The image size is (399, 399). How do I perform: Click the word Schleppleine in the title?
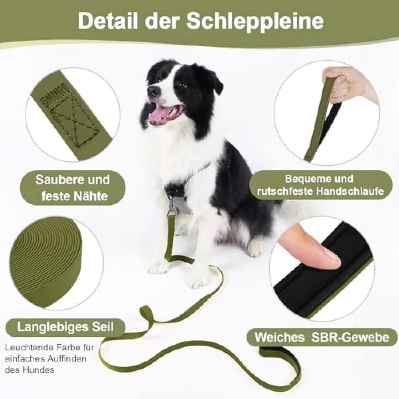point(255,22)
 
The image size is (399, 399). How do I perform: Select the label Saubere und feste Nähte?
point(73,188)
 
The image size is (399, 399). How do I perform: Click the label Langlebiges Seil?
point(65,327)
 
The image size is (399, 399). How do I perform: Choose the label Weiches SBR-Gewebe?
point(322,338)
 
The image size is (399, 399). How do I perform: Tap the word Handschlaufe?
point(350,191)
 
